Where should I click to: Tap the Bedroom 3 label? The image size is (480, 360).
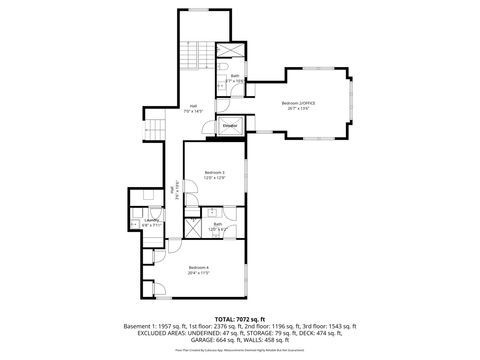tap(214, 172)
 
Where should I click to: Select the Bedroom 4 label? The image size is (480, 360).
tap(199, 267)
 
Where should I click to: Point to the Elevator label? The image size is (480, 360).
tap(230, 126)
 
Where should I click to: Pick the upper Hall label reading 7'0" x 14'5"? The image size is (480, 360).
tap(193, 109)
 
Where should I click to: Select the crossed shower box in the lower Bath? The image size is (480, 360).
tap(214, 213)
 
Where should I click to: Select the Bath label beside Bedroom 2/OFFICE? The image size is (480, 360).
tap(233, 75)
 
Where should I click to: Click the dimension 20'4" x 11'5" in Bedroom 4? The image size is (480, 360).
tap(199, 273)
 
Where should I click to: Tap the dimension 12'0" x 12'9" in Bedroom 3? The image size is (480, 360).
tap(214, 178)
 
